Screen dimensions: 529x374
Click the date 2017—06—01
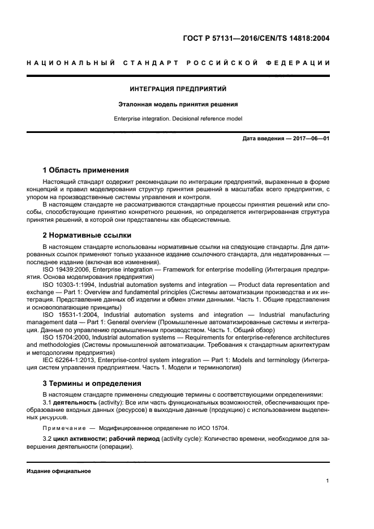pyautogui.click(x=311, y=139)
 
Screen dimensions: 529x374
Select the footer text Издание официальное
pyautogui.click(x=58, y=471)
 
